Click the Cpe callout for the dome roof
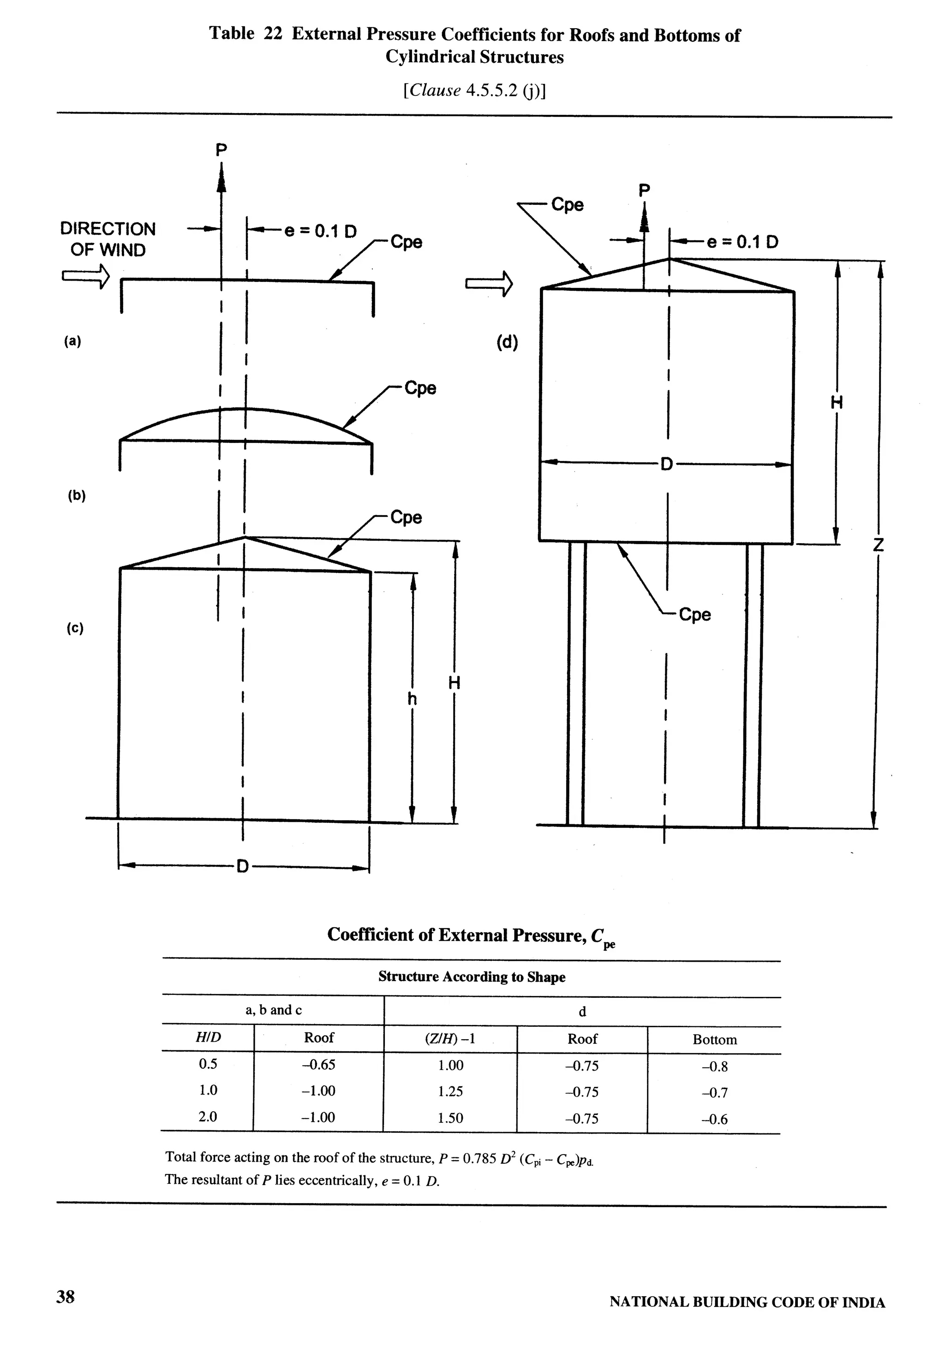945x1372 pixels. [420, 389]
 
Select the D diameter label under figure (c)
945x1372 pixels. [242, 868]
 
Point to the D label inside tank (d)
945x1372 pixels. [667, 464]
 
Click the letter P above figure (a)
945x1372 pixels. [221, 150]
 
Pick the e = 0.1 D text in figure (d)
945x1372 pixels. [742, 242]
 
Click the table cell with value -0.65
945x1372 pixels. [318, 1065]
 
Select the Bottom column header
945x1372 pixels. [715, 1040]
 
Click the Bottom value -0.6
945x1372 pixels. [714, 1119]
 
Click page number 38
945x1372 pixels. [65, 1296]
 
